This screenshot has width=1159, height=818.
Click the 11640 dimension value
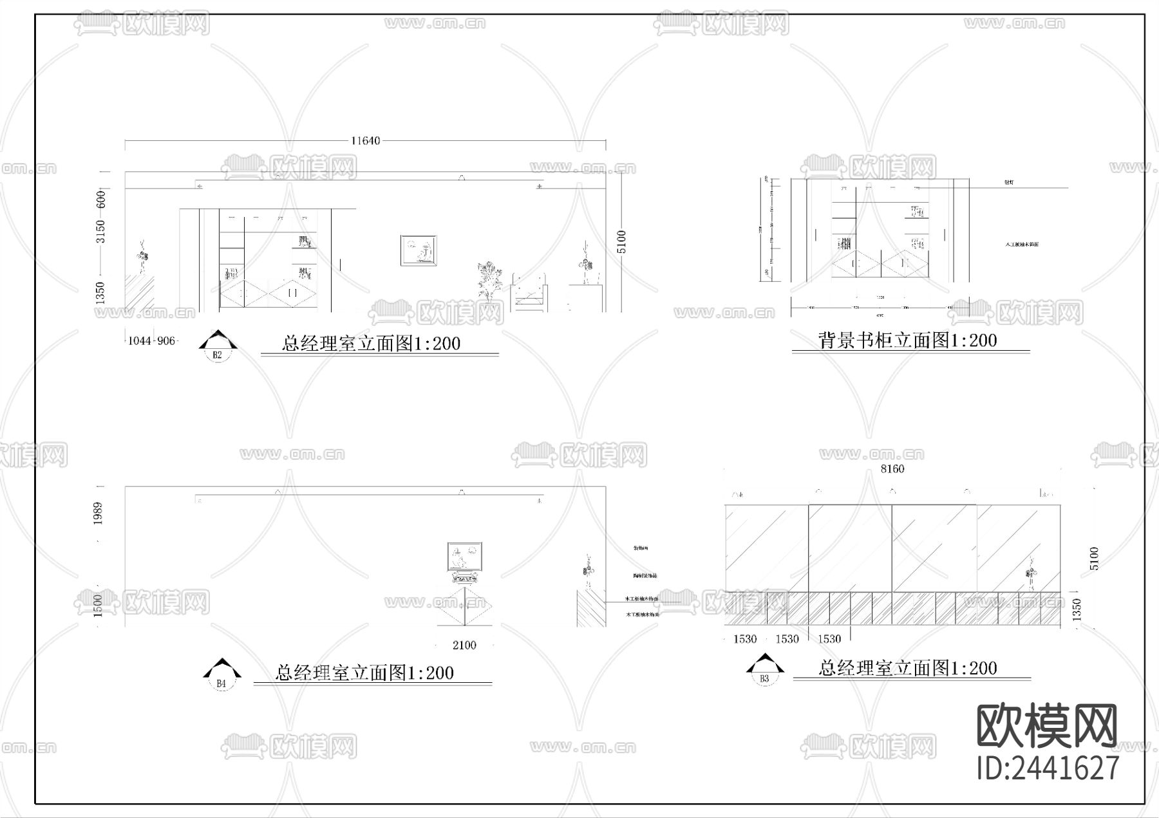365,140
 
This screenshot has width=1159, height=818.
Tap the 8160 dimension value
892,469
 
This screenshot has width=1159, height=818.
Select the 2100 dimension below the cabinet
464,645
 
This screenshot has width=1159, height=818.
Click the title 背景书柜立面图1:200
908,340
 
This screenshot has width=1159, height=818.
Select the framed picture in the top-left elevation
419,250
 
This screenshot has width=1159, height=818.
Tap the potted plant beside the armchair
489,282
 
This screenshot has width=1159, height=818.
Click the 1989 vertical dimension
98,513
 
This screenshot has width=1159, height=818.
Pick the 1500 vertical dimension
98,605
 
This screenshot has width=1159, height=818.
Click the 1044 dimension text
139,340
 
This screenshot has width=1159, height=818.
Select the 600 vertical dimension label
100,200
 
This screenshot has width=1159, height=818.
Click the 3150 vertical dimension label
100,232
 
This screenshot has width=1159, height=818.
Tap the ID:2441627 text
1048,768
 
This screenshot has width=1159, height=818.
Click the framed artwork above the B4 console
465,557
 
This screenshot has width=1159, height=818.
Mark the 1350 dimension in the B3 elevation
1076,609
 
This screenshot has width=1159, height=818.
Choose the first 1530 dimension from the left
745,638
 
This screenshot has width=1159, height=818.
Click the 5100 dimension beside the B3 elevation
1094,558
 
